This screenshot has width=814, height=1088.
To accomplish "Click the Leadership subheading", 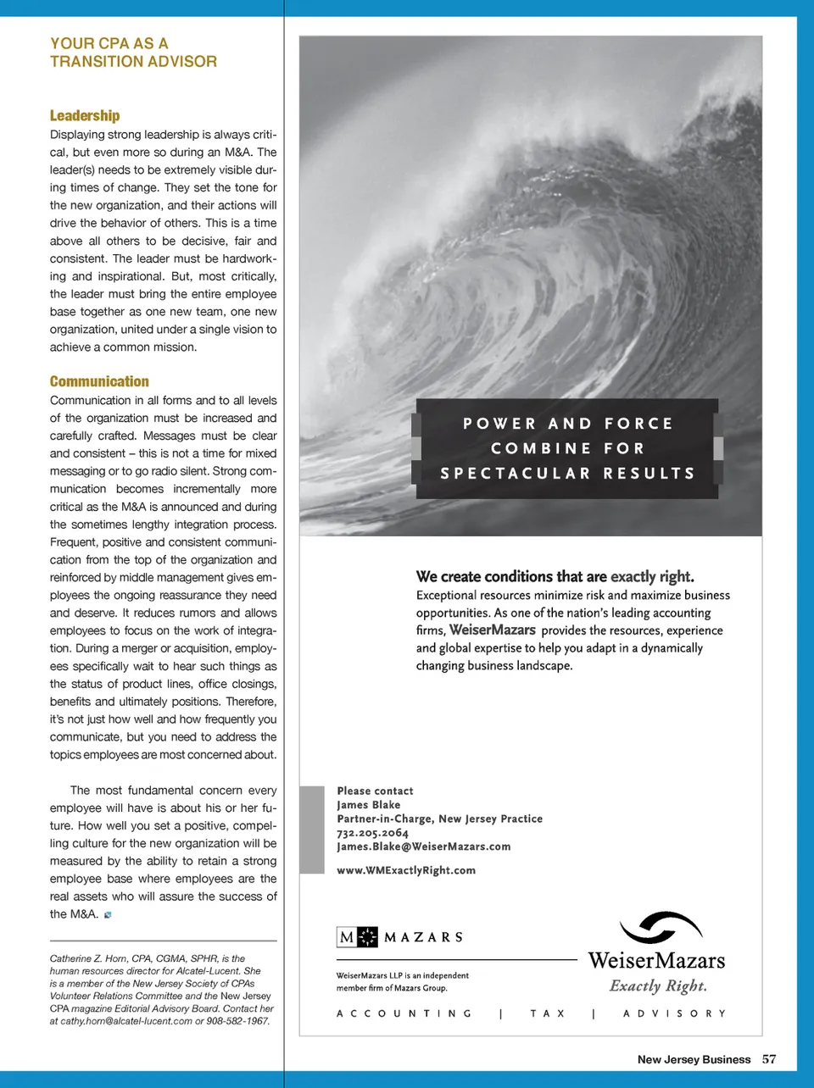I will (85, 115).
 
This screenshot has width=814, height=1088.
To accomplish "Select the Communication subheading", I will (99, 381).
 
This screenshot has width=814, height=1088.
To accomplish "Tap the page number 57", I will (769, 1059).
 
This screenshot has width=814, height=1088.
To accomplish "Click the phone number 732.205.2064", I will (372, 833).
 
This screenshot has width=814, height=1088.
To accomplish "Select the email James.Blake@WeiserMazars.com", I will (423, 847).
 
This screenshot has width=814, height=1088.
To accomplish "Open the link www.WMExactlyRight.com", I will (406, 870).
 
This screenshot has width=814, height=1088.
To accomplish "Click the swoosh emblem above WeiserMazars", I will (661, 928).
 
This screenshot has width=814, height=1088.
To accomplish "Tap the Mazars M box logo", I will (357, 937).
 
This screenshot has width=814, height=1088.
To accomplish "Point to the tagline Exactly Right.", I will (658, 986).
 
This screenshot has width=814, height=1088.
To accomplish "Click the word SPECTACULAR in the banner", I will (515, 474).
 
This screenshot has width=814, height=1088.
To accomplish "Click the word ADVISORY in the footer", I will (674, 1013).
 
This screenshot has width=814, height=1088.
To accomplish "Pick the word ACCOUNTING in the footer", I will (404, 1013).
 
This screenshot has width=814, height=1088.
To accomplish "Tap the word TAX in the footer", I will (548, 1013).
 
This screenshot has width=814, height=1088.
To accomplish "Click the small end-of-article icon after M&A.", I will (108, 915).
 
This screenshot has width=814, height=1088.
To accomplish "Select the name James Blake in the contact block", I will (368, 805).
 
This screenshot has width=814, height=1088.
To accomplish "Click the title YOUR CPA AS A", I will (109, 43).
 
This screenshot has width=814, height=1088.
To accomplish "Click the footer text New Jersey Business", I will (694, 1059).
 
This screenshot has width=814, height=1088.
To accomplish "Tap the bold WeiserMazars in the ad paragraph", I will (492, 630).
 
